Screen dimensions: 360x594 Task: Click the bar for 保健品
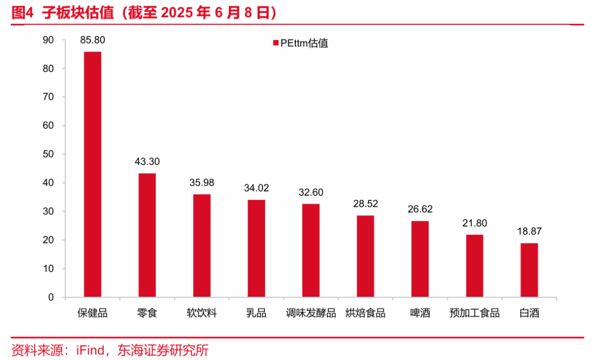pyautogui.click(x=92, y=174)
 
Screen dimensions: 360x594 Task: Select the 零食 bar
pyautogui.click(x=147, y=235)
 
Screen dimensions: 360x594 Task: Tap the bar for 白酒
pyautogui.click(x=529, y=270)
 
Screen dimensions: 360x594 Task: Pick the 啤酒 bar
pyautogui.click(x=420, y=259)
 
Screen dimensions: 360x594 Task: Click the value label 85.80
pyautogui.click(x=92, y=40)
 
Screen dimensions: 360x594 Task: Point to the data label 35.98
pyautogui.click(x=201, y=182)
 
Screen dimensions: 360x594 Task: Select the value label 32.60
pyautogui.click(x=311, y=192)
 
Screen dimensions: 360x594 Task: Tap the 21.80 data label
pyautogui.click(x=475, y=223)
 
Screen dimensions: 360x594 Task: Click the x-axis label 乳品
pyautogui.click(x=256, y=313)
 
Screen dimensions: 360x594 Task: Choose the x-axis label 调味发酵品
pyautogui.click(x=311, y=313)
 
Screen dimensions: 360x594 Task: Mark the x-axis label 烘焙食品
pyautogui.click(x=365, y=313)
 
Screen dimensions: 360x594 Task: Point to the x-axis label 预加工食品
pyautogui.click(x=475, y=313)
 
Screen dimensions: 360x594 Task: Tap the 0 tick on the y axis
pyautogui.click(x=51, y=297)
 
